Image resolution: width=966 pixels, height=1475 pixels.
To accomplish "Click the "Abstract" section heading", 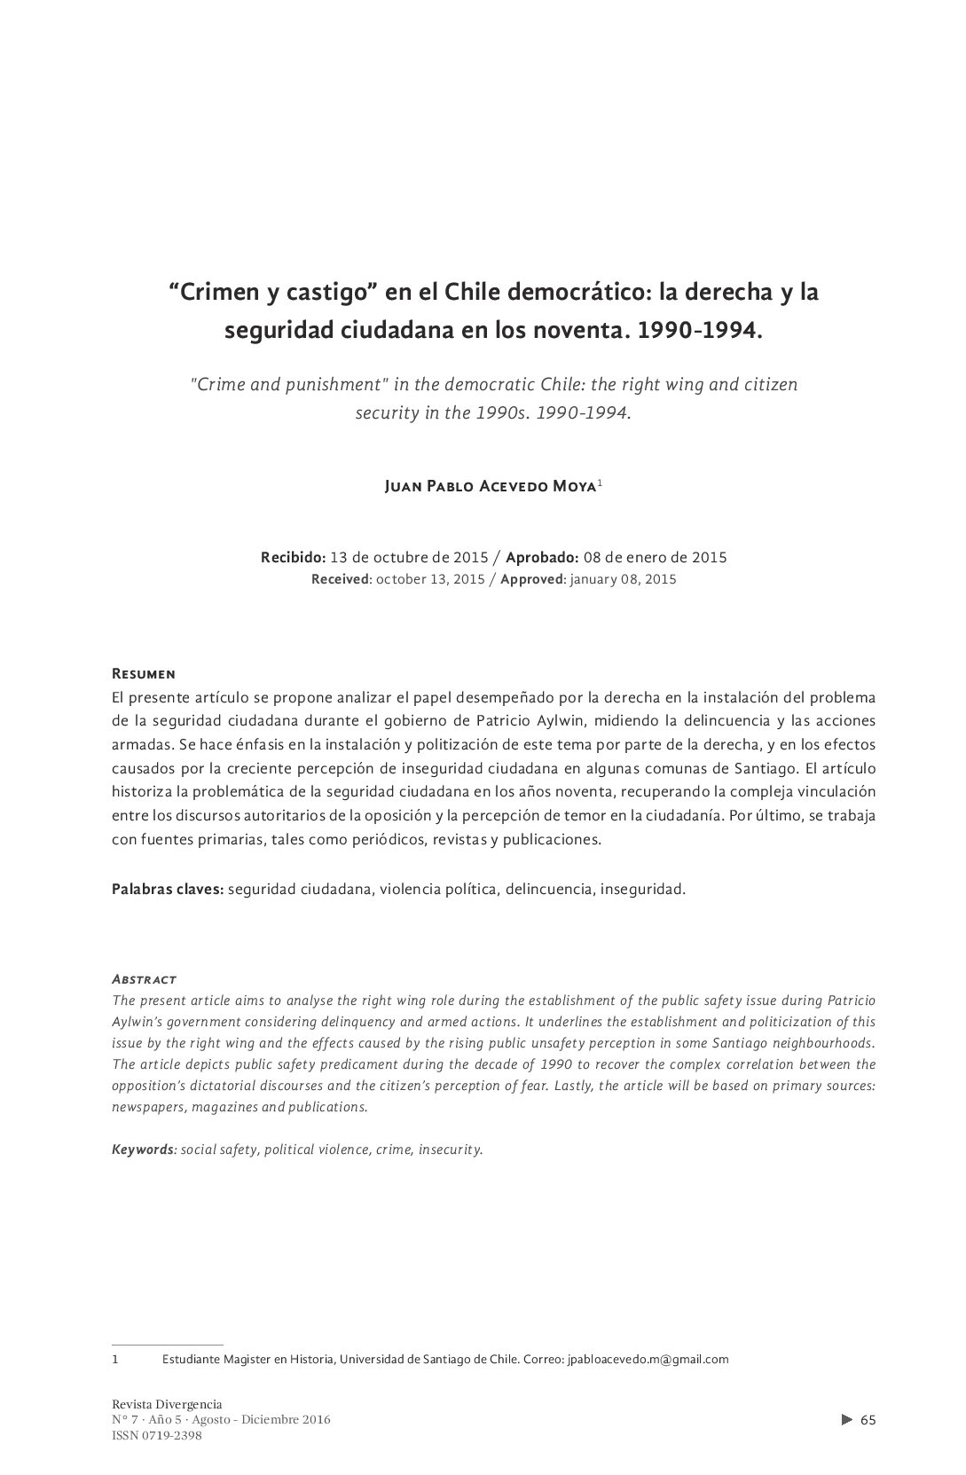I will pos(144,979).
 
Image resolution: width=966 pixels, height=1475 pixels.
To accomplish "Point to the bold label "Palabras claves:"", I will pos(167,889).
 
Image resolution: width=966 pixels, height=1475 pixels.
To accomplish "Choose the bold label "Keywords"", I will pos(144,1149).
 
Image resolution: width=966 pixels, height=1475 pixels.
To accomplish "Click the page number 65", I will pos(868,1420).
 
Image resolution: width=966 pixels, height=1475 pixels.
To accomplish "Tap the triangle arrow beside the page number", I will pos(846,1420).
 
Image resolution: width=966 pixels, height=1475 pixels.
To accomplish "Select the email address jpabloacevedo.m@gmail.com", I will pos(648,1359).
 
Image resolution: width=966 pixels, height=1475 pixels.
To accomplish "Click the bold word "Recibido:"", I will pos(293,558).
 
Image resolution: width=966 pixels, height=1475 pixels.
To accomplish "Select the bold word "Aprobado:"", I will pos(542,558).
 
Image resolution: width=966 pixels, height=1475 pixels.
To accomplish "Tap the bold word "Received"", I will pos(341,579).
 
